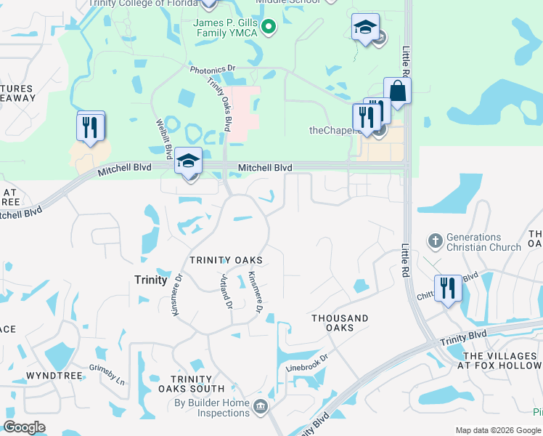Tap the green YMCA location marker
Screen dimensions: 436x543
click(x=269, y=28)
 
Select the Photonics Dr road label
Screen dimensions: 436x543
click(x=213, y=70)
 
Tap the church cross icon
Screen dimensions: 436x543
click(x=434, y=240)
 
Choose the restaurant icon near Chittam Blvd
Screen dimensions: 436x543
click(x=447, y=288)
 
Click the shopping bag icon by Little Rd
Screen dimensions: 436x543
click(x=398, y=91)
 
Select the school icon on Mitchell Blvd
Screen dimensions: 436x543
click(x=189, y=161)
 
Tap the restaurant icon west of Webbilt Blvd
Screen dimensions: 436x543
click(x=91, y=127)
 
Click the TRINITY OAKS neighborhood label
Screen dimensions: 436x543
click(x=226, y=259)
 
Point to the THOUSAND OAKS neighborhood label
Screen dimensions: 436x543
click(x=340, y=323)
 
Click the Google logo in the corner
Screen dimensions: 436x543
click(x=25, y=427)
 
